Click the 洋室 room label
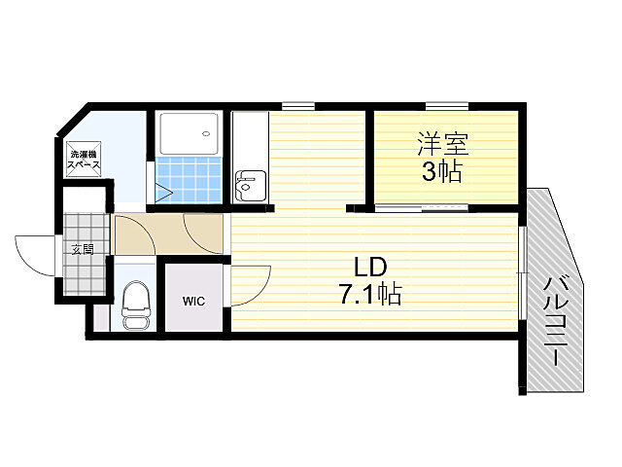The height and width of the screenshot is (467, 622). point(443,144)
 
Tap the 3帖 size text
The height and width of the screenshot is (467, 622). point(441,172)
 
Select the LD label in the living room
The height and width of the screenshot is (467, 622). point(369,268)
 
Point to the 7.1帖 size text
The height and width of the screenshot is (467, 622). point(369,295)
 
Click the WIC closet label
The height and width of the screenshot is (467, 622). point(194,301)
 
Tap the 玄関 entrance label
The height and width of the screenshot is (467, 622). point(83,249)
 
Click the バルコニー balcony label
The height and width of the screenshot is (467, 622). point(556,321)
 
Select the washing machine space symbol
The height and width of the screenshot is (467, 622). point(84,159)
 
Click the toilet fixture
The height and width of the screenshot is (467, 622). point(136,305)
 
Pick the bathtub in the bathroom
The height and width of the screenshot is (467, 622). point(190,133)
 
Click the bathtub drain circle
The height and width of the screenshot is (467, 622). point(206,133)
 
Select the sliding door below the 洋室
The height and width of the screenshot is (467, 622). point(421,207)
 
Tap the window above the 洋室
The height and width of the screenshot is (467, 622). point(447,106)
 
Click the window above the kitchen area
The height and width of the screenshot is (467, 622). point(298,106)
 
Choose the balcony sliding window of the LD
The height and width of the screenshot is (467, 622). point(523,273)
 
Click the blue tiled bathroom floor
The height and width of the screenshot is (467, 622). point(190,179)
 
